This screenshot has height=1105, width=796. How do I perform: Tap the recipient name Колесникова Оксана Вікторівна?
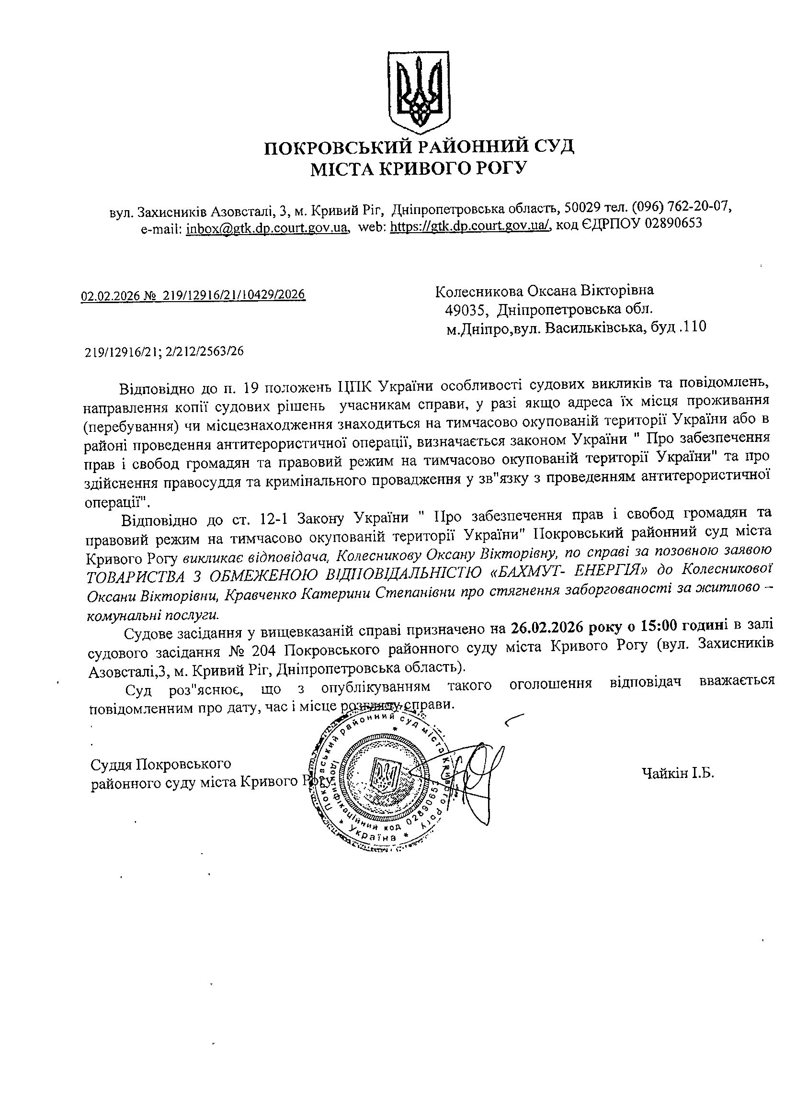coord(544,291)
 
